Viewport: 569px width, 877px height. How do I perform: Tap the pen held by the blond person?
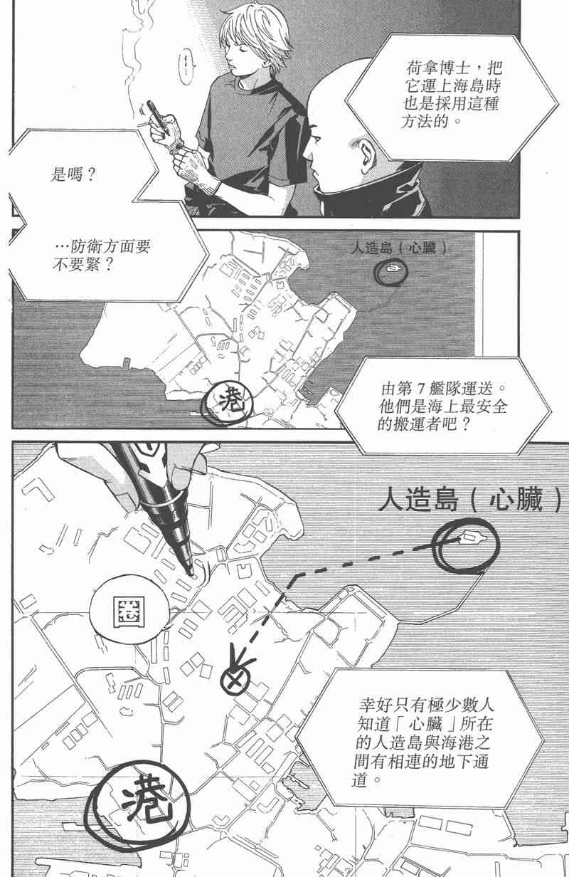pos(158,118)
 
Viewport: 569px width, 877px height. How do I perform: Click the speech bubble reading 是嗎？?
pos(78,172)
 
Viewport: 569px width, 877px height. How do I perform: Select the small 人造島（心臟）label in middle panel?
pos(399,248)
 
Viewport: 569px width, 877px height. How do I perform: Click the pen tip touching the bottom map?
pos(191,574)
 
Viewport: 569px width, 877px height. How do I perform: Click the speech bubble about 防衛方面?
pos(102,255)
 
